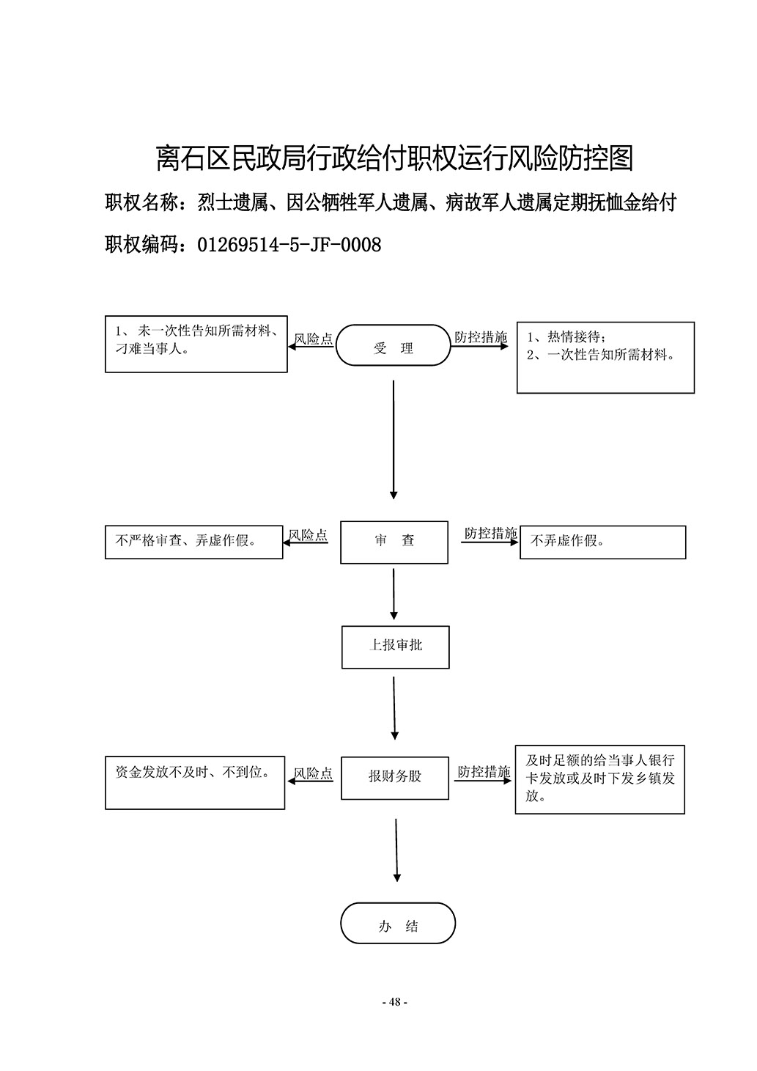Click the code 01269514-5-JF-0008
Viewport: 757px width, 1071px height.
point(289,245)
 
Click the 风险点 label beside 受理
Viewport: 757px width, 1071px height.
point(314,339)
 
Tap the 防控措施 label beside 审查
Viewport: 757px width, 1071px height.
point(491,533)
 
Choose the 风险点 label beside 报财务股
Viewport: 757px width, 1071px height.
point(313,773)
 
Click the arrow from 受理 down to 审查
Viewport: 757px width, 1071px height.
point(394,440)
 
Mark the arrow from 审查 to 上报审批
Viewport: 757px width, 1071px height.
point(394,595)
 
